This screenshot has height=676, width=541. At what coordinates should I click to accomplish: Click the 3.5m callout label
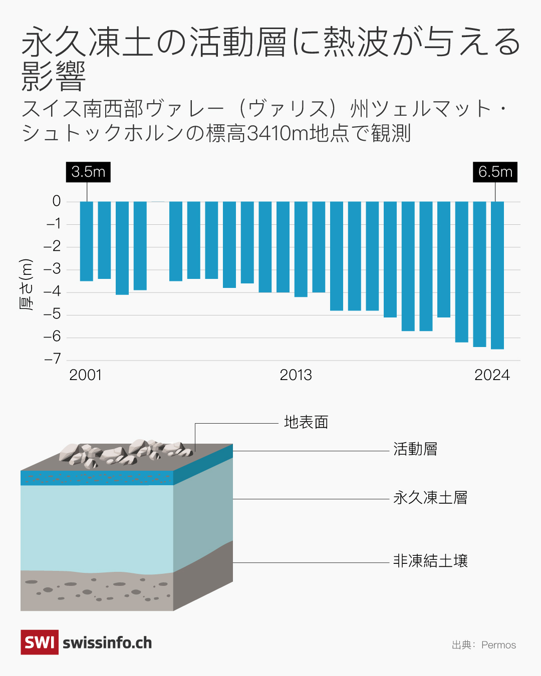88,172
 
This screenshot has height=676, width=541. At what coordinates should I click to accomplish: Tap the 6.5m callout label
495,172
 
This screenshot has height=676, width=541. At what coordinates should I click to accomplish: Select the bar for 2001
87,241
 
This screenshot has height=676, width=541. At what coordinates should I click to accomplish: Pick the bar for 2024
497,275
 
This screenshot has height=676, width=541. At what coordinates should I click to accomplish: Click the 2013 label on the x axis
296,375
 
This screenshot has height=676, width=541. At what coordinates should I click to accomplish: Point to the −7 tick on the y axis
53,359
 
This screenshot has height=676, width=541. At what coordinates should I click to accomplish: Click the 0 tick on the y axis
57,201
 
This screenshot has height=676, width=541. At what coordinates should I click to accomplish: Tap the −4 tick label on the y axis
53,291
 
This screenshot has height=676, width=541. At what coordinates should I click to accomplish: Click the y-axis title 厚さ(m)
26,284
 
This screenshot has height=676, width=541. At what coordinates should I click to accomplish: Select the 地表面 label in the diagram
306,422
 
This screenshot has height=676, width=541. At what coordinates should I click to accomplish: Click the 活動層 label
415,449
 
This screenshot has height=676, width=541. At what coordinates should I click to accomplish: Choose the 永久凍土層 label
430,498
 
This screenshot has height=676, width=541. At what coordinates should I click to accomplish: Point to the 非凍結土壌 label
430,561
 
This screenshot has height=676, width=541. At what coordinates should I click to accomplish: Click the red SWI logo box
40,642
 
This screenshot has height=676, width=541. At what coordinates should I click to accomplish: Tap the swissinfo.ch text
107,643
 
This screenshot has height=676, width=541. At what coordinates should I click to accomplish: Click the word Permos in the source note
498,645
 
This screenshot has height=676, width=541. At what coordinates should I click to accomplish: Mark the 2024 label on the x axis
492,375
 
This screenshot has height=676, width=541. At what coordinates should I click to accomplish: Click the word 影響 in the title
54,77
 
